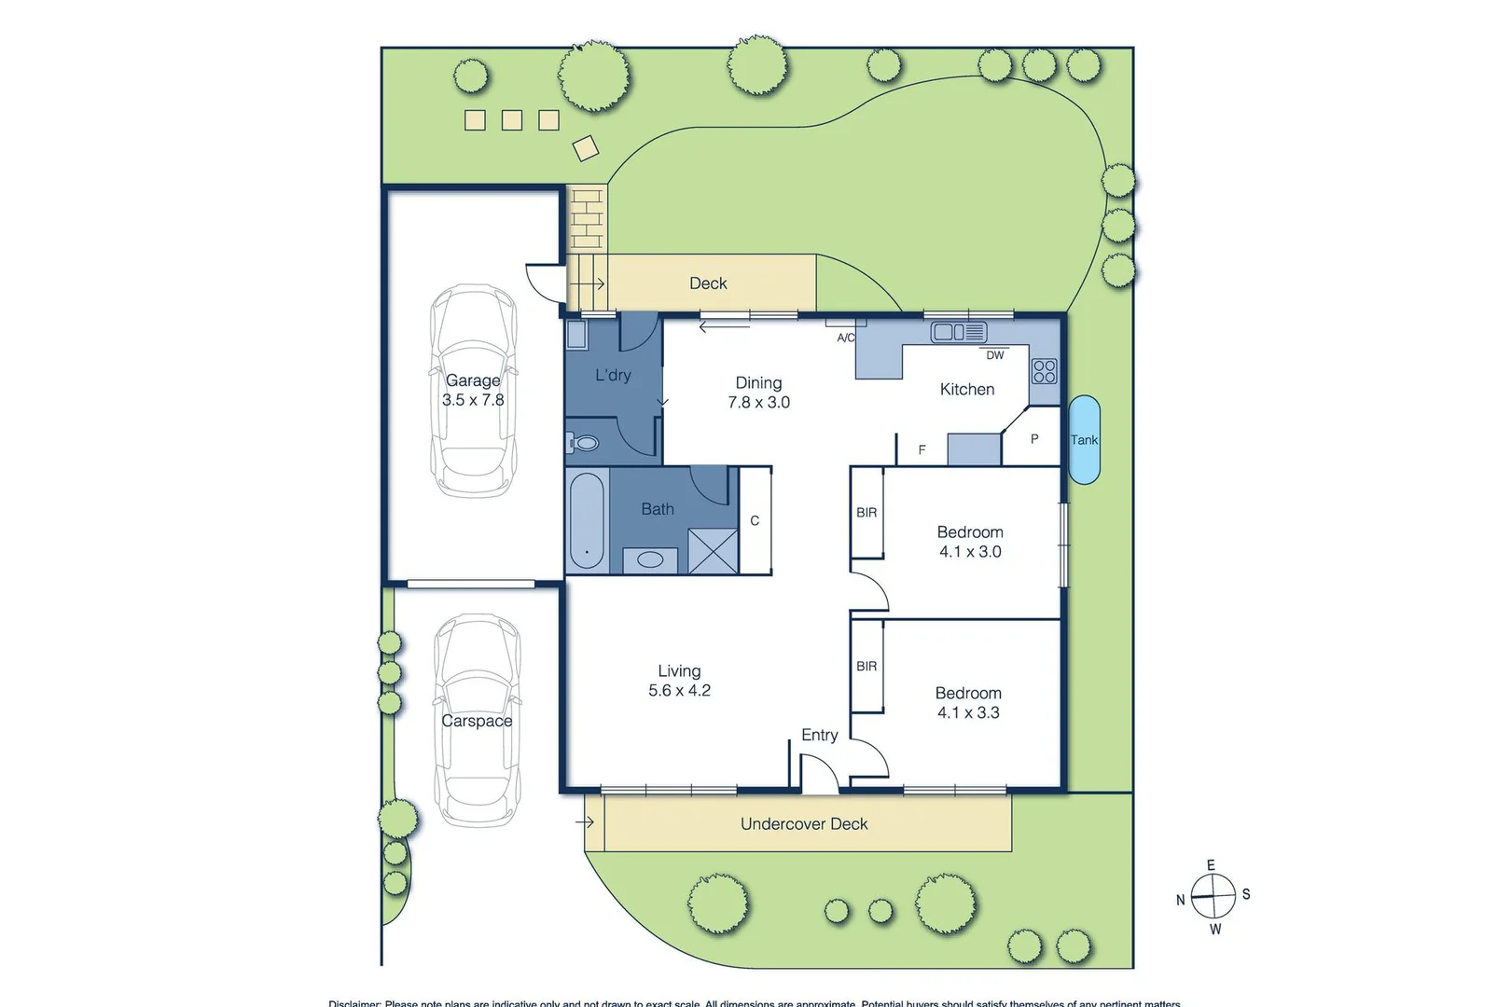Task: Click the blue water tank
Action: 1083,440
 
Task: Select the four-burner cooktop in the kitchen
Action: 1044,371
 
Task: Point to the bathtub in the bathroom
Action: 587,520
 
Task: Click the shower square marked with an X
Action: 713,550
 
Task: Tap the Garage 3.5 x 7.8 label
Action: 473,390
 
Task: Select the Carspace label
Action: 477,721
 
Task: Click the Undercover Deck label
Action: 804,823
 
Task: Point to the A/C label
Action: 845,338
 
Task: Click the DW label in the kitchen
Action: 995,355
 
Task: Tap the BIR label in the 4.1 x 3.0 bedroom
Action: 866,512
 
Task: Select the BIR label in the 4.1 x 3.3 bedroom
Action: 866,666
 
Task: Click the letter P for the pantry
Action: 1033,438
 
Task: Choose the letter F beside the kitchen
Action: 922,449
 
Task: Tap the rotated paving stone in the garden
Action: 586,148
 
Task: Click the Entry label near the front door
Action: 819,735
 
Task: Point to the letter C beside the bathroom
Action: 755,520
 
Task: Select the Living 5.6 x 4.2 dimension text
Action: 679,690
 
